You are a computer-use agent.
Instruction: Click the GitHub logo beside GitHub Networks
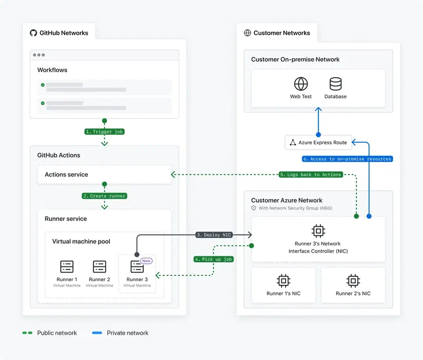tap(34, 33)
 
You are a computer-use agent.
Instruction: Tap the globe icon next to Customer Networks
tap(247, 33)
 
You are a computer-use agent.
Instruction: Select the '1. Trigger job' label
tap(104, 132)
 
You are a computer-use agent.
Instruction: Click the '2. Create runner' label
tap(104, 196)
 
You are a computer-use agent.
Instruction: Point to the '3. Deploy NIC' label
tap(214, 235)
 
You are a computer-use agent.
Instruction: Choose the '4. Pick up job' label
tap(214, 259)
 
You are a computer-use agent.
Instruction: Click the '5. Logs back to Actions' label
tap(311, 174)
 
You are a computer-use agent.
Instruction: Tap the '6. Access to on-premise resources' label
tap(347, 159)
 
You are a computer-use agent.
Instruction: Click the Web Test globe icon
tap(301, 84)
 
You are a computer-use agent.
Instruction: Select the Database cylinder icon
tap(335, 84)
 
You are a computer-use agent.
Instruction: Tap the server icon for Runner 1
tap(67, 266)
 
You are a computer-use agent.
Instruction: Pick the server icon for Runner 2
tap(99, 266)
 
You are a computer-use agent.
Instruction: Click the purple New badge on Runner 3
tap(146, 261)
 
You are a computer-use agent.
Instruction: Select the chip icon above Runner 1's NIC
tap(283, 280)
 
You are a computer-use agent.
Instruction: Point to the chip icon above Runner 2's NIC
tap(353, 280)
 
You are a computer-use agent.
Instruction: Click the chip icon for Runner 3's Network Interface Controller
tap(318, 230)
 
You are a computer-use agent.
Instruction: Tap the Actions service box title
tap(67, 174)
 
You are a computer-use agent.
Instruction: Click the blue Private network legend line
tap(97, 333)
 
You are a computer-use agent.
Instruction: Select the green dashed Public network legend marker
tap(27, 333)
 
